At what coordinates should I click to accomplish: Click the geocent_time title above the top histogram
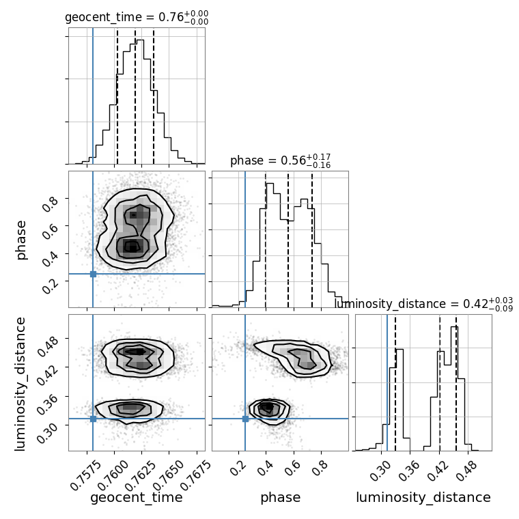(137, 17)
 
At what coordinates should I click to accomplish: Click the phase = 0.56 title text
(281, 161)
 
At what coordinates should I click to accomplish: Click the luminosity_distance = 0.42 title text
(423, 304)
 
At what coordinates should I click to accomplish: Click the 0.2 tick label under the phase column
(238, 468)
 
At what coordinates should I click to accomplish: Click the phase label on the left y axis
(20, 240)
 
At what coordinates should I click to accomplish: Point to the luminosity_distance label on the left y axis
(20, 384)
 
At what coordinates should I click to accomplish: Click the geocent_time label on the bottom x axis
(137, 497)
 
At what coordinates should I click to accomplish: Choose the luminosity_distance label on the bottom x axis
(423, 497)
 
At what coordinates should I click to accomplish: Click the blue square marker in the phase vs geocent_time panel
(93, 274)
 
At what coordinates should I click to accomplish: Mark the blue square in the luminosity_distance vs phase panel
(245, 419)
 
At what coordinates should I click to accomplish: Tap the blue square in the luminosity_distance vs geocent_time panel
(93, 419)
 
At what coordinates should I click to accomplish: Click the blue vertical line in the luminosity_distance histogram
(387, 382)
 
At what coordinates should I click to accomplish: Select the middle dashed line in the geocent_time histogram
(135, 98)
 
